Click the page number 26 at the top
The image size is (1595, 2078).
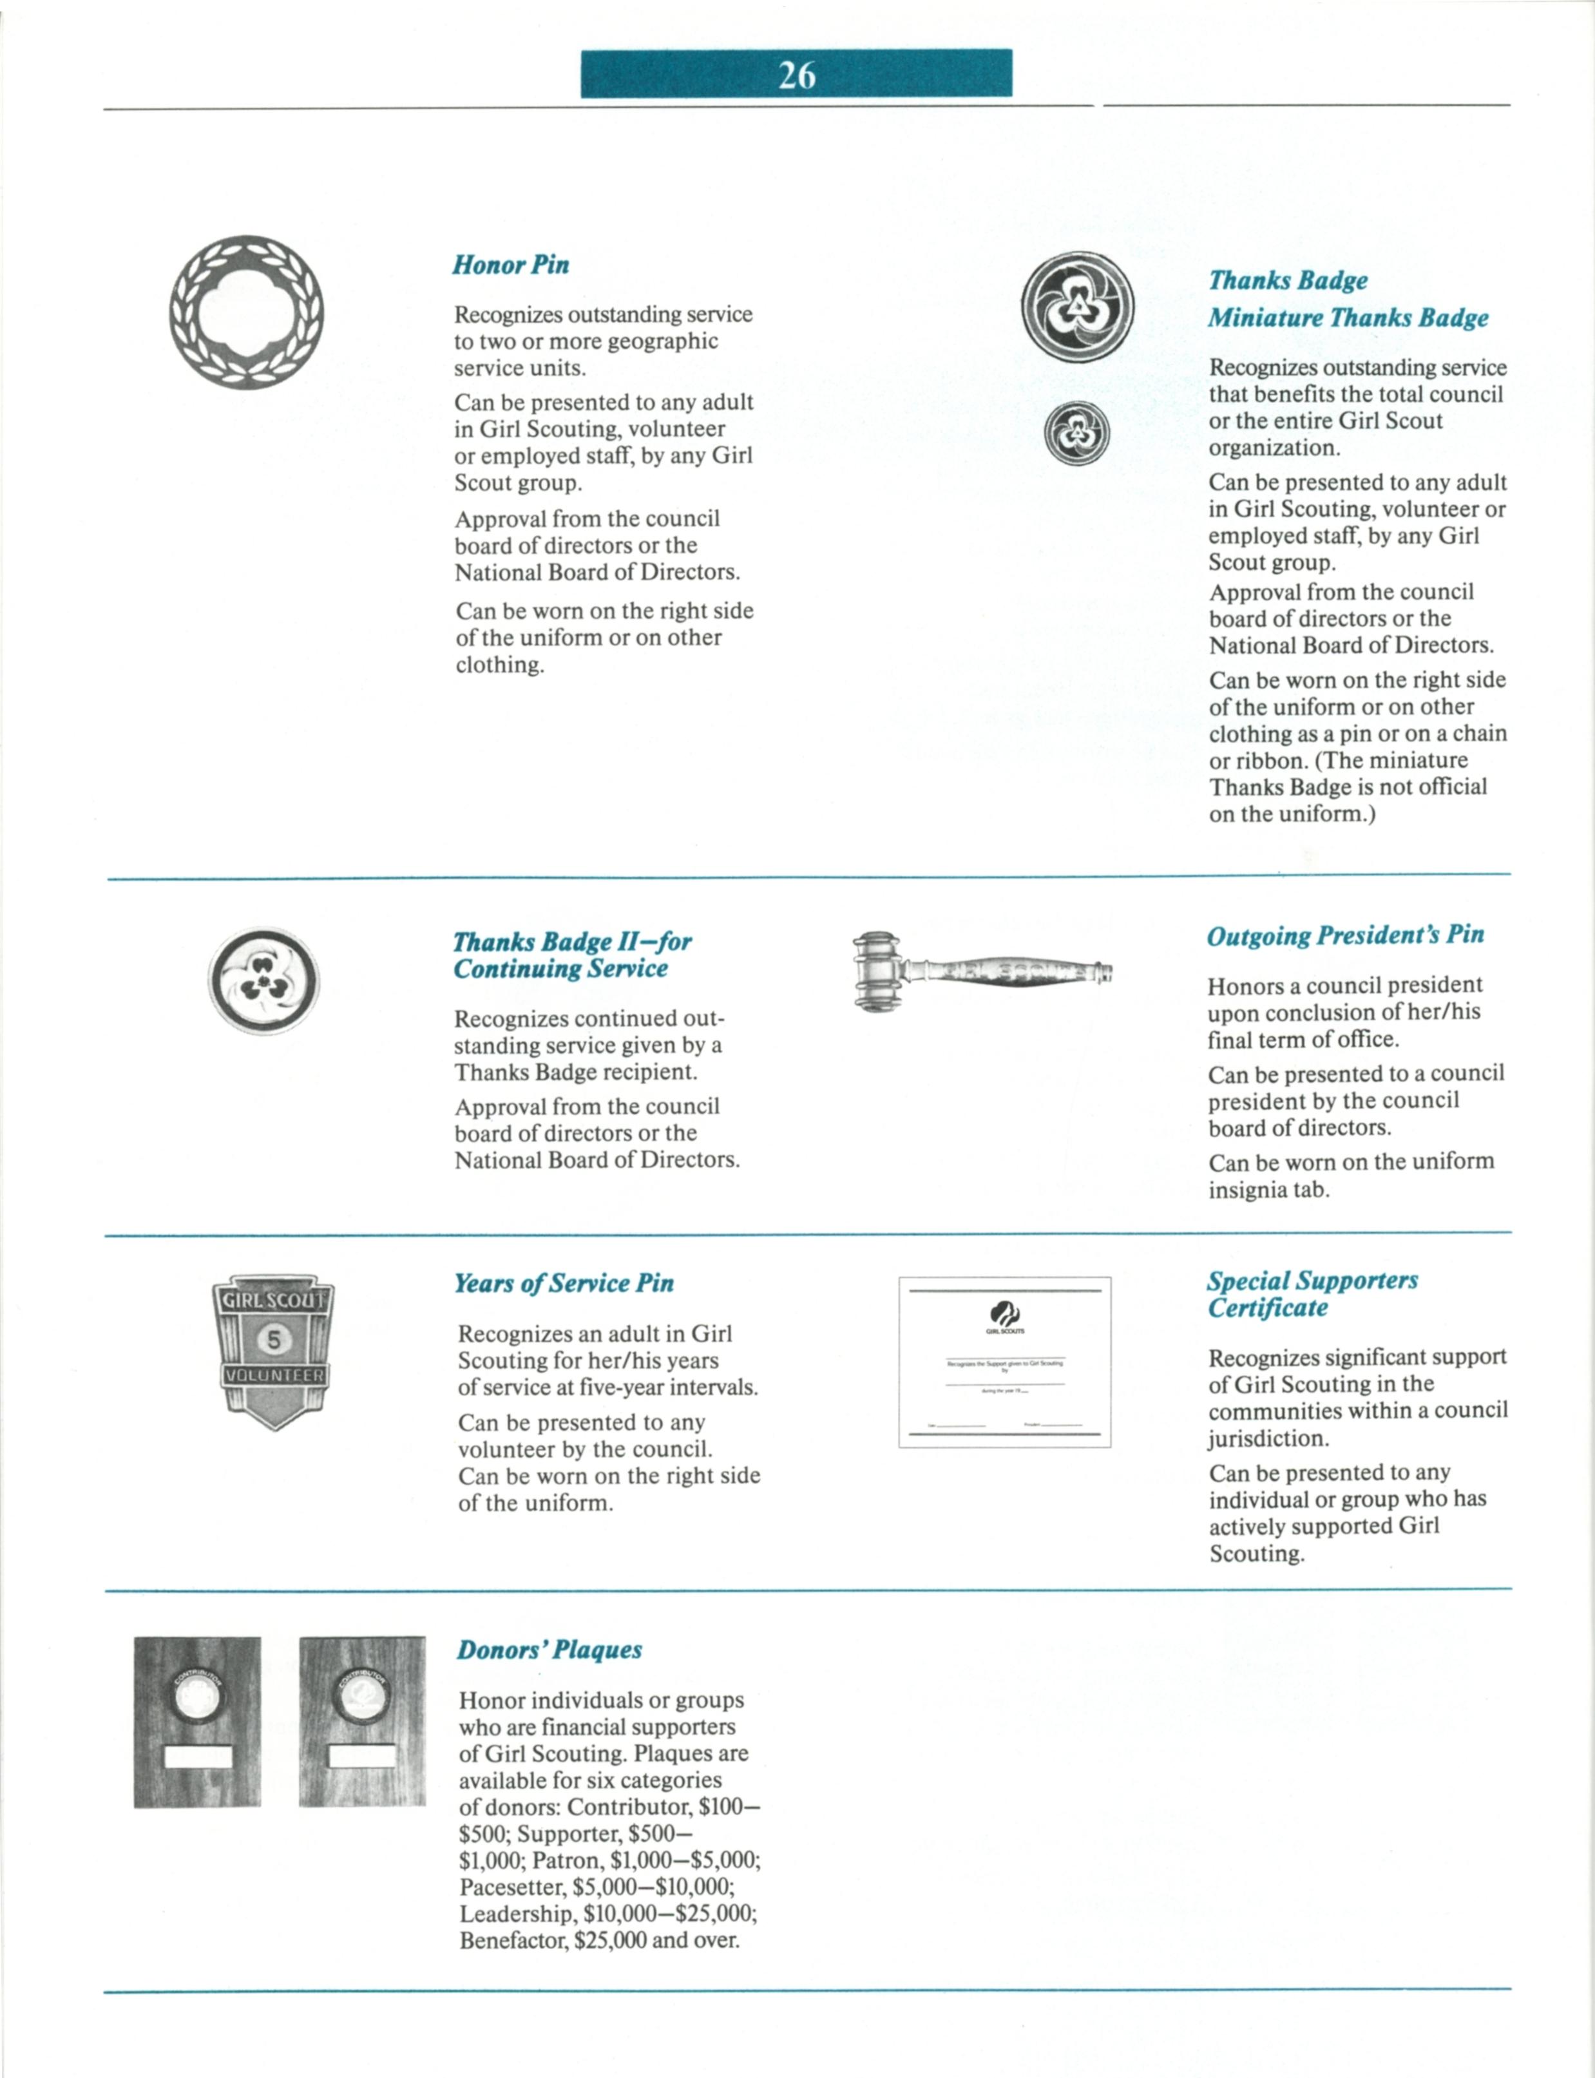click(x=797, y=74)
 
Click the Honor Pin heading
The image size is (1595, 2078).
click(x=511, y=265)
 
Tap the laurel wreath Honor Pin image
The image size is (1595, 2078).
click(x=246, y=312)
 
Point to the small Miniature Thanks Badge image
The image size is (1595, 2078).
click(x=1076, y=434)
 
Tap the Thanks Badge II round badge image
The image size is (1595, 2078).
click(x=264, y=980)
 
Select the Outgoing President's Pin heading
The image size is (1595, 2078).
click(x=1345, y=935)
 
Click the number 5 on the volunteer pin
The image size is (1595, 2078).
click(x=273, y=1339)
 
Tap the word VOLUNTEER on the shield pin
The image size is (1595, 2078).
click(x=273, y=1375)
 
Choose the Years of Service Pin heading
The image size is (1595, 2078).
click(x=564, y=1283)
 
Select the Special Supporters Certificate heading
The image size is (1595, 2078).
click(x=1312, y=1293)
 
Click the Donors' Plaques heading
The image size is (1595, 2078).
click(x=549, y=1650)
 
